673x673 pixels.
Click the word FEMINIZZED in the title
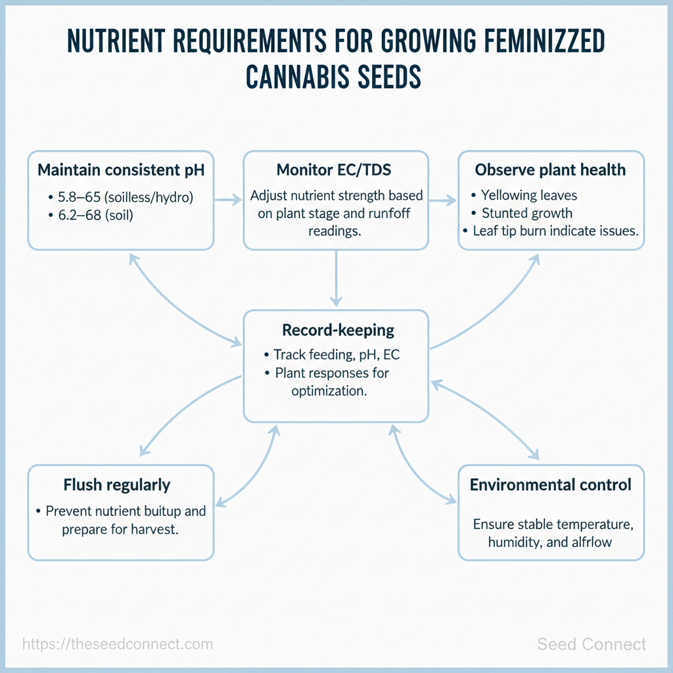point(544,41)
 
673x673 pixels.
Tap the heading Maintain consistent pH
point(121,170)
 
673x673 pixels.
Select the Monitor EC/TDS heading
point(334,170)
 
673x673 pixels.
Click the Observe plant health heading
point(550,170)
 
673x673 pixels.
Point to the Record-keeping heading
point(338,330)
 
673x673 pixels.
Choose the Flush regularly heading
point(117,485)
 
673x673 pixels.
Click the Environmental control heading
point(550,484)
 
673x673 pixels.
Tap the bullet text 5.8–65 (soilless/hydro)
point(126,197)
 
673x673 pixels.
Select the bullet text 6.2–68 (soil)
point(96,215)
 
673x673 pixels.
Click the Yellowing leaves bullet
point(529,195)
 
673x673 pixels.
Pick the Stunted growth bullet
point(527,213)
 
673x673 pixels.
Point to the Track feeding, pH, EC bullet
point(336,354)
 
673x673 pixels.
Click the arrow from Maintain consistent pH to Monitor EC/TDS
point(228,200)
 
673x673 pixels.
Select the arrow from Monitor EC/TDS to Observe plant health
point(442,200)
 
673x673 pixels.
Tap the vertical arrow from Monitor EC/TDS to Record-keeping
point(336,279)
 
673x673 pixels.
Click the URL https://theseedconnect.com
point(118,644)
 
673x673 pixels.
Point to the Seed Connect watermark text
point(592,644)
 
